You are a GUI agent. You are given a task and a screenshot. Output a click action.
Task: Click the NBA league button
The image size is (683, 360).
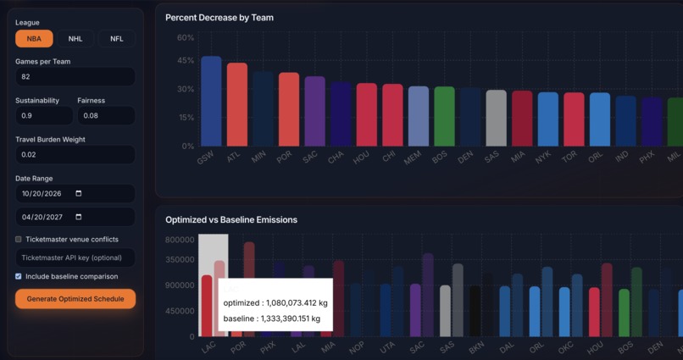[x=34, y=39]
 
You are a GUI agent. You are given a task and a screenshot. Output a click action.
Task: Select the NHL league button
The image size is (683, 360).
[x=75, y=39]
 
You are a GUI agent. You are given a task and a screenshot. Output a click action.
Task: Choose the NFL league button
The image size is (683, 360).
[x=116, y=39]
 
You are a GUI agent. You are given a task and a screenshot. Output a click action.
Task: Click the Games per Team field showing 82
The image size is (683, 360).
[x=75, y=77]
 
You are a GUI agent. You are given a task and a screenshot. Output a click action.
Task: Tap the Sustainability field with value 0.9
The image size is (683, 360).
[x=44, y=116]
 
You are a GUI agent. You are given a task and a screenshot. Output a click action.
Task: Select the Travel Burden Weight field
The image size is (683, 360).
[x=75, y=155]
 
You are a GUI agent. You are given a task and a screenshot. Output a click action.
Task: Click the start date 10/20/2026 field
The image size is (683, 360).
[x=75, y=194]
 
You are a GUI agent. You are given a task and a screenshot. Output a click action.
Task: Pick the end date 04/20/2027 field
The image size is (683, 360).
[x=75, y=217]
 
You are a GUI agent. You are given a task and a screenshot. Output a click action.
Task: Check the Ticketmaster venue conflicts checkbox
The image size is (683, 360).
[x=19, y=240]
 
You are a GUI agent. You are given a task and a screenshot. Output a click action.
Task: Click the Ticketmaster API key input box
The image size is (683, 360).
[x=75, y=258]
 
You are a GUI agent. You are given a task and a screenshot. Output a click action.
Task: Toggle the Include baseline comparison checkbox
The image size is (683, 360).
[x=19, y=276]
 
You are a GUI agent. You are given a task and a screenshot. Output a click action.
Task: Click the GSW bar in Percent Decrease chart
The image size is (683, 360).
[x=211, y=102]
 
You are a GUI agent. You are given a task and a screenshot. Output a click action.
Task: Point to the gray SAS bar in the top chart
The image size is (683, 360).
[x=496, y=118]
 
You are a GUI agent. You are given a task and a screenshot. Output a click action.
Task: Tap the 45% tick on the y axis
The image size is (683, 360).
[x=186, y=60]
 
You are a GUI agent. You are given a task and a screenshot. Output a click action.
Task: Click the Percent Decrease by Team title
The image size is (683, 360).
[x=219, y=18]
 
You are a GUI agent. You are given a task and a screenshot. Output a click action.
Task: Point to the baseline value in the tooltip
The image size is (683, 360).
[x=271, y=318]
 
